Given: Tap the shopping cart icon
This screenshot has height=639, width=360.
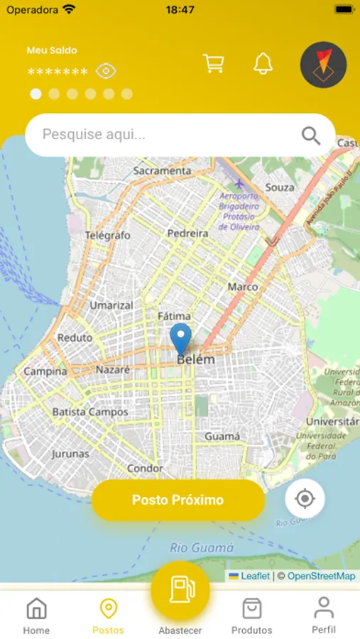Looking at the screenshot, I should [x=213, y=64].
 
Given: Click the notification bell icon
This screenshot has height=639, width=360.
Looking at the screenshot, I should [x=263, y=64].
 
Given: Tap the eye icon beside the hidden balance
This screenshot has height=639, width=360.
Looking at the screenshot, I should [x=106, y=71].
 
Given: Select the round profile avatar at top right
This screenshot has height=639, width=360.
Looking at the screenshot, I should [x=323, y=65].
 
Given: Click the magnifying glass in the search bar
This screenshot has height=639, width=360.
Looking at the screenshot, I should [x=311, y=135].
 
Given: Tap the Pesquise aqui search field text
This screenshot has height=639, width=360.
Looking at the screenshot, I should [x=94, y=134].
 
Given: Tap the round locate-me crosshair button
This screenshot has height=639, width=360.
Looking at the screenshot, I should [x=305, y=498].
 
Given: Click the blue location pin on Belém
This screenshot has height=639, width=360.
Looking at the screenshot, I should [x=181, y=339].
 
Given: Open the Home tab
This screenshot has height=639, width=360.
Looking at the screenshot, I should [x=36, y=615].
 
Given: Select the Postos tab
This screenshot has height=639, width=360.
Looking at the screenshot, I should [x=108, y=615].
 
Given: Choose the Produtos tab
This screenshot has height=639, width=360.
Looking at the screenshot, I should [x=251, y=615].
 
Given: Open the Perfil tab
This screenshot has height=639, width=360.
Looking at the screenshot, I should [x=324, y=615].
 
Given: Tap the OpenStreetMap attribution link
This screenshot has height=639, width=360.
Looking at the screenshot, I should [x=321, y=577].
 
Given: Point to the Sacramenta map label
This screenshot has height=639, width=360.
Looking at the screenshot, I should [x=162, y=171].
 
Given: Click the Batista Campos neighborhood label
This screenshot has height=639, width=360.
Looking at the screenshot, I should [x=90, y=412].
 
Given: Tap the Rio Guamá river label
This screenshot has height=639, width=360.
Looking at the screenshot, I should [x=202, y=547].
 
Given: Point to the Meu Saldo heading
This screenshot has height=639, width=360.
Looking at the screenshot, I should [x=52, y=50].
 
